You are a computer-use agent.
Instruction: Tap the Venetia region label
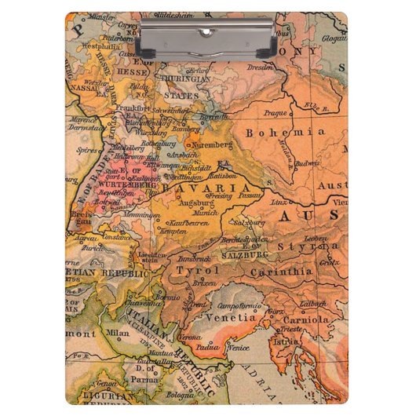230,318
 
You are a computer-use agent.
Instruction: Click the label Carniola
311,319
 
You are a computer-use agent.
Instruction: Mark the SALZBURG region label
247,254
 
